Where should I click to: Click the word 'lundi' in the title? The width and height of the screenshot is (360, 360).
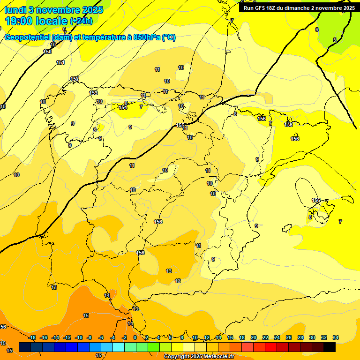coord(15,10)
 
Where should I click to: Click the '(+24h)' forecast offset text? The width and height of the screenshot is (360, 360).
coord(81,21)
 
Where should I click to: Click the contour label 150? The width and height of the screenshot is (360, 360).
coord(47,52)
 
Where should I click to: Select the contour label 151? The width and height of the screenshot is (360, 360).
coord(60,62)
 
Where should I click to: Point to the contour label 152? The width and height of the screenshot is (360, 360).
coord(75,79)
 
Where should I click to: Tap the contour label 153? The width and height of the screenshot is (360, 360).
coord(94,93)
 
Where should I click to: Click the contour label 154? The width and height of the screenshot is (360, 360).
coord(123,107)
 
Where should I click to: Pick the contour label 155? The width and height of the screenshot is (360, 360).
coord(180,125)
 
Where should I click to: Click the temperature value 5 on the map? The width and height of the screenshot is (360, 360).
coord(335,40)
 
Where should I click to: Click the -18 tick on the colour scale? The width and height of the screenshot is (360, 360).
coord(32,337)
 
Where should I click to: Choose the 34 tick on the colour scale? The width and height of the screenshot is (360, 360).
coord(336,337)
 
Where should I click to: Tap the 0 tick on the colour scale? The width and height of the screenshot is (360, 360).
coord(135,337)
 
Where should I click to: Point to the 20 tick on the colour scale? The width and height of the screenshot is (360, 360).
coord(254,337)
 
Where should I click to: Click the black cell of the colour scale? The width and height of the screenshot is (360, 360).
coord(330,347)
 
